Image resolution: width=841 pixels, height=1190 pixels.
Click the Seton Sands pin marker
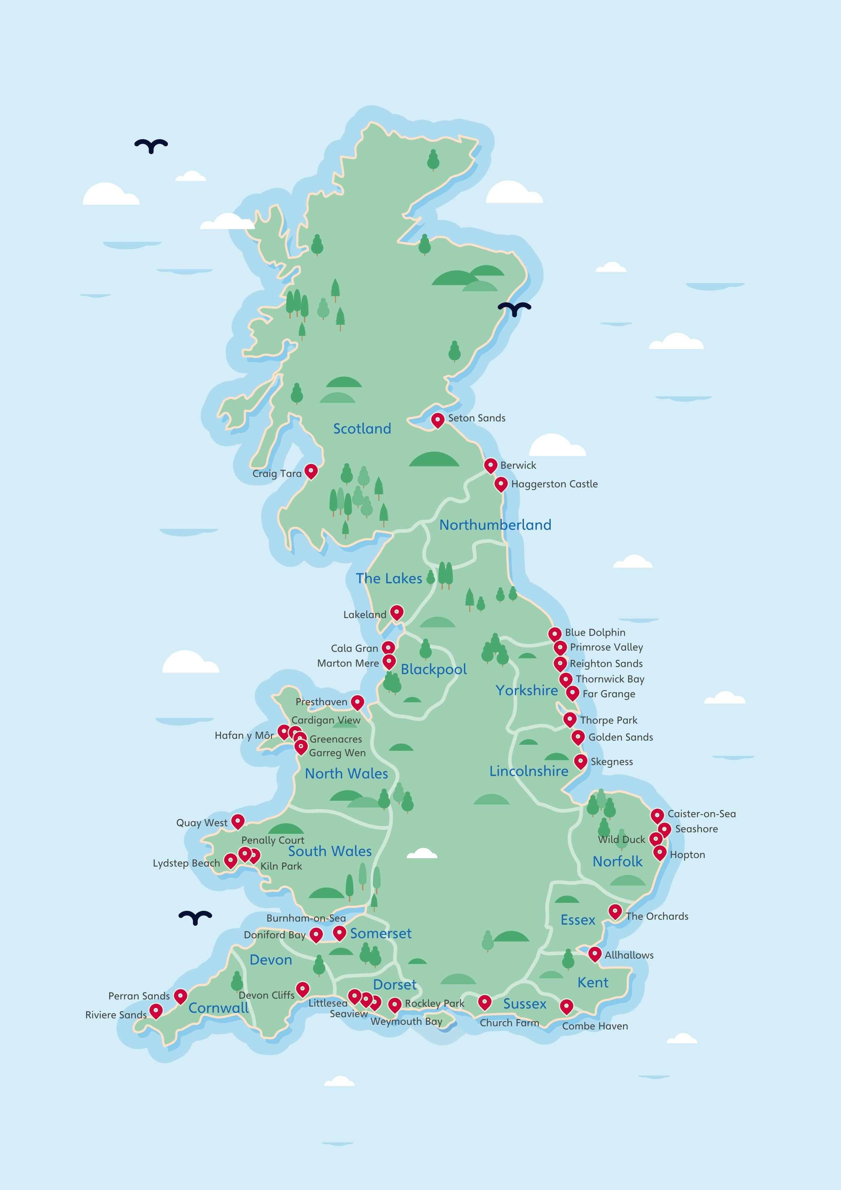pos(438,419)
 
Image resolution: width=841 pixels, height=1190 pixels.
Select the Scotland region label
pos(362,429)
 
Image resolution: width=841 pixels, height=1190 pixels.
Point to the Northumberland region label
pos(495,525)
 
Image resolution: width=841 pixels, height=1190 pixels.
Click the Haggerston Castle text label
pos(554,484)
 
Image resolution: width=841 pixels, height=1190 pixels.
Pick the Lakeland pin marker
pos(396,612)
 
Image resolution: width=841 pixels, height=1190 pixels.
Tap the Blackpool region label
pos(434,669)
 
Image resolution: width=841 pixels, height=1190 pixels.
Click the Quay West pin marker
pos(238,821)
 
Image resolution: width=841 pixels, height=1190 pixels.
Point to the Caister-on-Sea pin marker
pos(657,815)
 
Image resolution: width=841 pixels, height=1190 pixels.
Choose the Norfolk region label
pos(617,861)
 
